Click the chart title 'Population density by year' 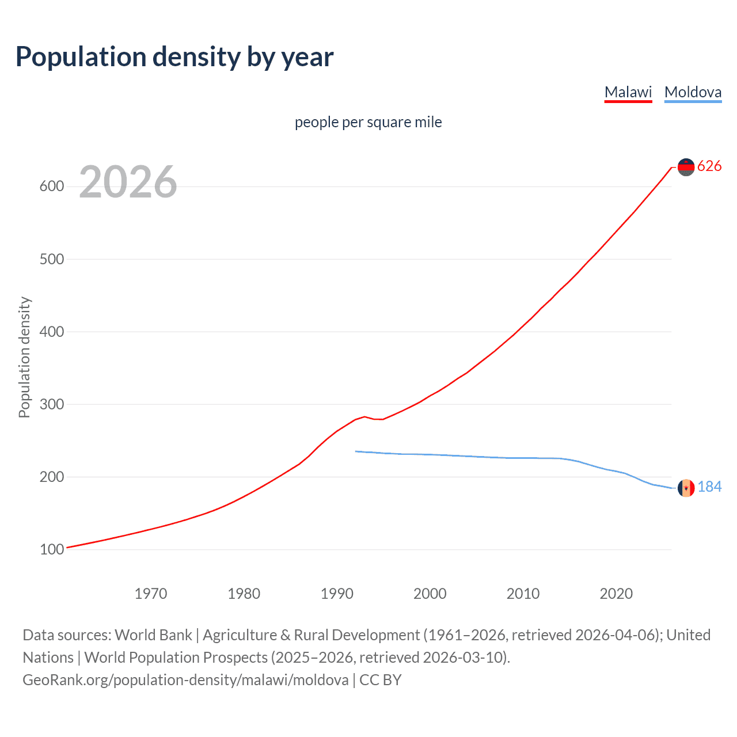click(174, 57)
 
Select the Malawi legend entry click(628, 92)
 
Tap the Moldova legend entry click(693, 92)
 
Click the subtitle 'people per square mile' click(368, 122)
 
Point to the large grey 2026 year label click(128, 182)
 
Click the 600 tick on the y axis click(52, 187)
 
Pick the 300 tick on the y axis click(52, 404)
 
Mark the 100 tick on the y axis click(52, 549)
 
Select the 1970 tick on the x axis click(151, 594)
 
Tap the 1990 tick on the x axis click(337, 594)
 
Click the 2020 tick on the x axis click(616, 594)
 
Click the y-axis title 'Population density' click(24, 357)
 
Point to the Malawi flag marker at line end click(686, 167)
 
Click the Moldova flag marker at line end click(686, 488)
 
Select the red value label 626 click(709, 166)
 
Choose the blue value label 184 click(709, 487)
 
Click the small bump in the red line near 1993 click(364, 416)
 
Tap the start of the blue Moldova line click(356, 451)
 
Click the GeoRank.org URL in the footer click(185, 680)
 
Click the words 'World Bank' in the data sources click(153, 635)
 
